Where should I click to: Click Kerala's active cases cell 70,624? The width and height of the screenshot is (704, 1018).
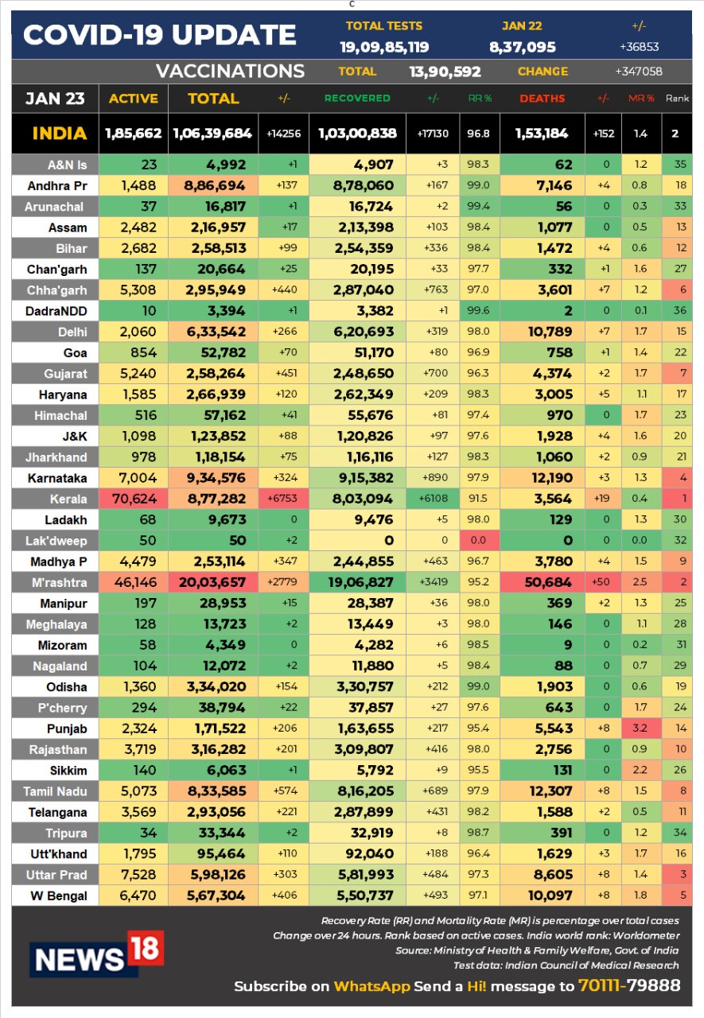click(134, 499)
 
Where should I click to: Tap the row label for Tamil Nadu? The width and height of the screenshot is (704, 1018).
click(55, 791)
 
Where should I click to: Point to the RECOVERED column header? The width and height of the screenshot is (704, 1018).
click(357, 98)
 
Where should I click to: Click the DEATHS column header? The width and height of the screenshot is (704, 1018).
click(543, 98)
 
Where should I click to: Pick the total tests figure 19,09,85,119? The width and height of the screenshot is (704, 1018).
click(384, 47)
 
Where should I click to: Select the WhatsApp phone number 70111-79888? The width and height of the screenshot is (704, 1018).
click(629, 985)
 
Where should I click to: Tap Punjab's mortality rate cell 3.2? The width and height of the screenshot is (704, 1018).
click(640, 728)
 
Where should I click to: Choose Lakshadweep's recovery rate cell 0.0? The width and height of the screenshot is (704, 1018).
click(478, 540)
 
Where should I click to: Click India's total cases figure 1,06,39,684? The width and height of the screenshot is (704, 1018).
click(212, 133)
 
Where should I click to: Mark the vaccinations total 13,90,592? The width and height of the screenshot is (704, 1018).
click(445, 72)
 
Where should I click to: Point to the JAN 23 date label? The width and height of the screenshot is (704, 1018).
click(55, 98)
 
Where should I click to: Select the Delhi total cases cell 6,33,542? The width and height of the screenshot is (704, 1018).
click(216, 332)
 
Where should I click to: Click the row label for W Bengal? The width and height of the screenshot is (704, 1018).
click(59, 896)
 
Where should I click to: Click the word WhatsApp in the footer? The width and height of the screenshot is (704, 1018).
click(371, 986)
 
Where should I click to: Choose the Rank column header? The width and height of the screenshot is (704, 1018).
click(677, 98)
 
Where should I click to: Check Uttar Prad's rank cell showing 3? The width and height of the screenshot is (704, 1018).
click(683, 874)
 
